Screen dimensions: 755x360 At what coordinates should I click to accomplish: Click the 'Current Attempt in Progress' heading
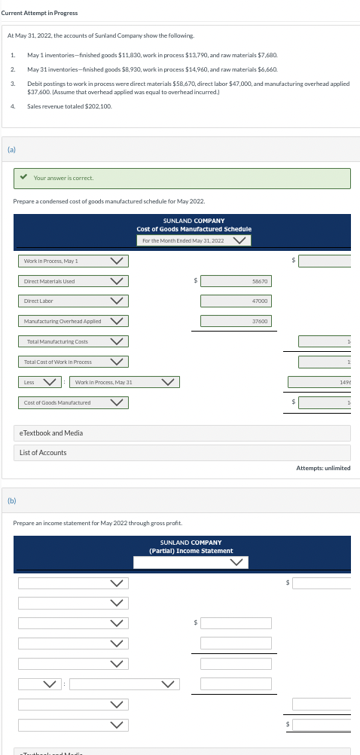(39, 13)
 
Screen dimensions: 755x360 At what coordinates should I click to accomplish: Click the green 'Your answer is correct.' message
(63, 178)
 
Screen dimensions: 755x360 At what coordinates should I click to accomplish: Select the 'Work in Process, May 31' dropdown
(124, 382)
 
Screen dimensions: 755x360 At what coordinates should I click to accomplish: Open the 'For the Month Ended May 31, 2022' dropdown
(194, 240)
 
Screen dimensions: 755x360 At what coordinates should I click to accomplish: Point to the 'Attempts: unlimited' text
(323, 468)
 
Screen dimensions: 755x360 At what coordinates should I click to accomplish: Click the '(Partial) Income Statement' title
(191, 551)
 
